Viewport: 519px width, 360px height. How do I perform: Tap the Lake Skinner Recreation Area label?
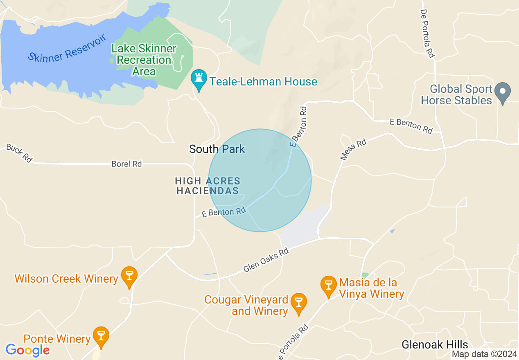click(x=144, y=60)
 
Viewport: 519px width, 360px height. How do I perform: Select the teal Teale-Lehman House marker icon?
click(x=199, y=79)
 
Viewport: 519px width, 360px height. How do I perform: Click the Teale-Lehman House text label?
click(x=263, y=82)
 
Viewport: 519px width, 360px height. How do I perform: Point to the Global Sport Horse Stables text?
click(x=456, y=95)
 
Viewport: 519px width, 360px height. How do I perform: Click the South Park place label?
click(x=217, y=149)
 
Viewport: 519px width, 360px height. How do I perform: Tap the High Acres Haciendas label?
click(x=208, y=186)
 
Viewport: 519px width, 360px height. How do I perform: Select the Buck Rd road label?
click(x=19, y=153)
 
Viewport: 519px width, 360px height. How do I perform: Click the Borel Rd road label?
click(x=126, y=164)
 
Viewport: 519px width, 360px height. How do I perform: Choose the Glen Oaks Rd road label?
click(x=266, y=260)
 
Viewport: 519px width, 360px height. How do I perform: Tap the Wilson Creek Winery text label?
click(x=66, y=279)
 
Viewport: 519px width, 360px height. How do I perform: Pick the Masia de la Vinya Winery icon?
click(x=328, y=285)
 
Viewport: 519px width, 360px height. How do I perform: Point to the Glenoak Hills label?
click(x=435, y=344)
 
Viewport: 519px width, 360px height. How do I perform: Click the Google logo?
click(x=27, y=350)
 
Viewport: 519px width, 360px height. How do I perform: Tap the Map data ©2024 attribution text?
click(x=484, y=354)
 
